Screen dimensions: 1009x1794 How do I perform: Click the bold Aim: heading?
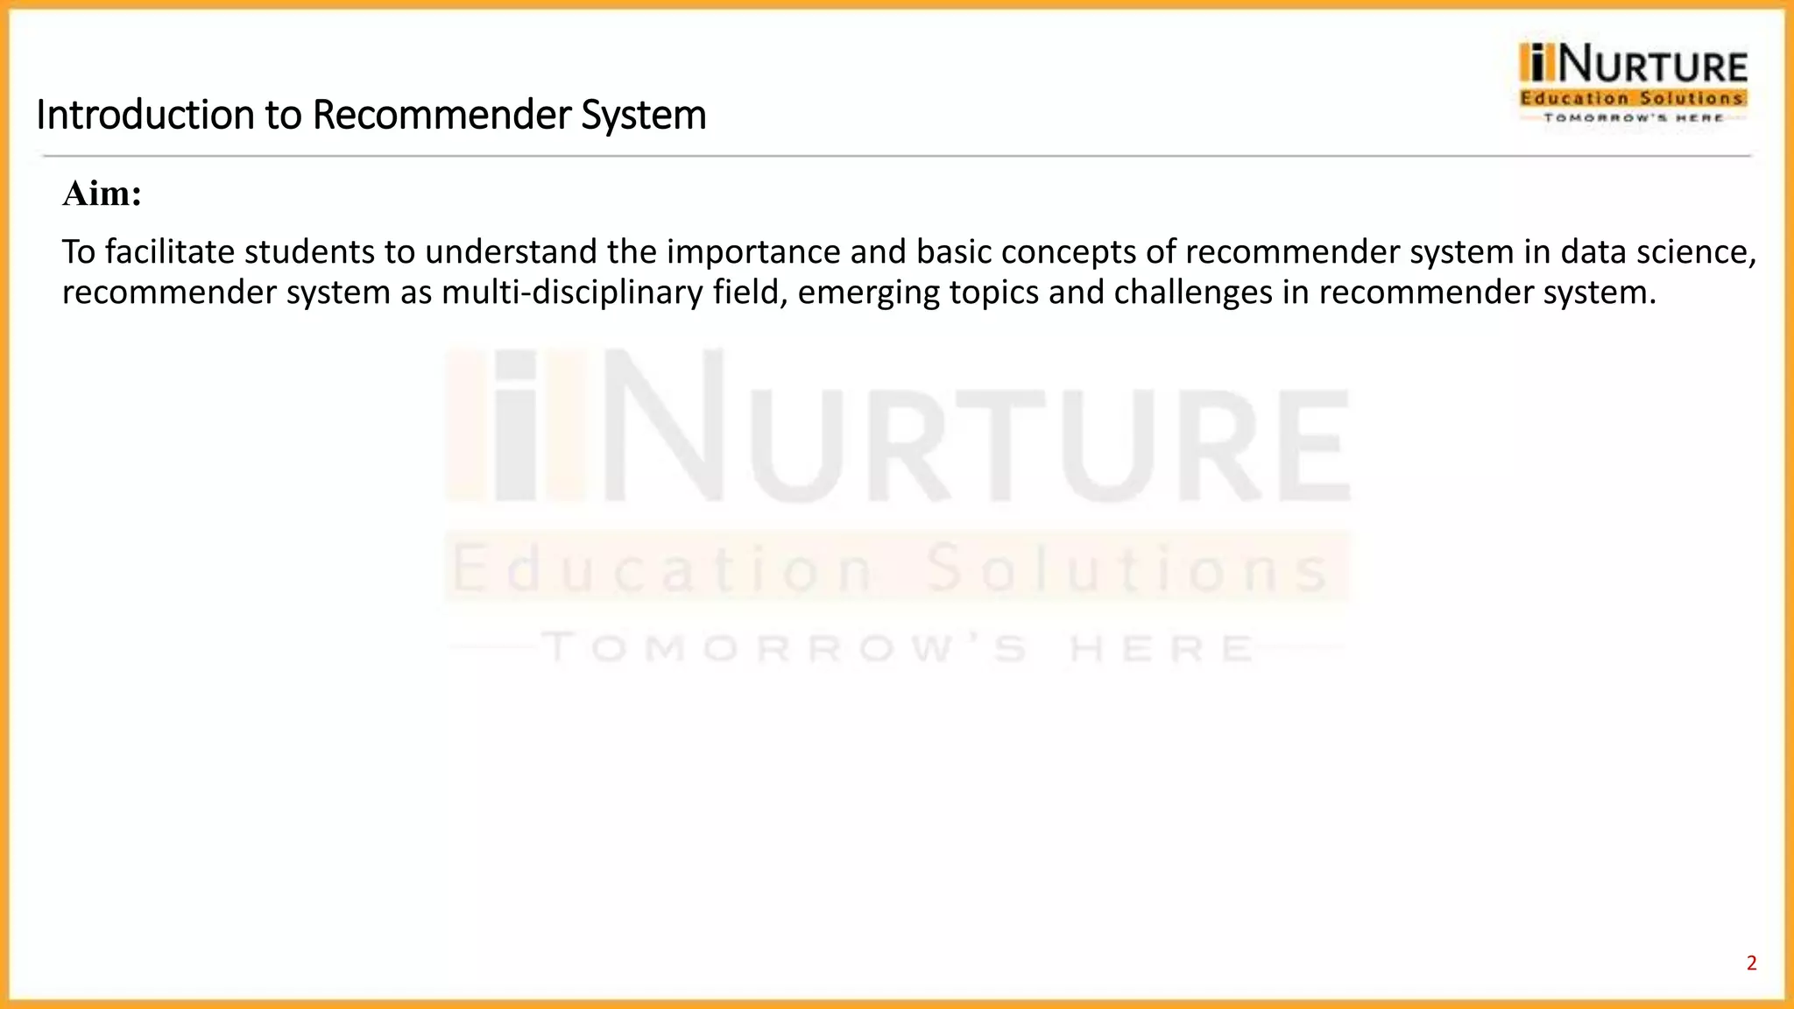[102, 194]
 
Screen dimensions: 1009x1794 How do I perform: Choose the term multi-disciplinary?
[571, 292]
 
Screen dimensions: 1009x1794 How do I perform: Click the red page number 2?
[1751, 963]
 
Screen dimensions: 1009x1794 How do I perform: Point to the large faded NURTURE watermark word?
[972, 434]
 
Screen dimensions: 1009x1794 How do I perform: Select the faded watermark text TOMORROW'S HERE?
[898, 649]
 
